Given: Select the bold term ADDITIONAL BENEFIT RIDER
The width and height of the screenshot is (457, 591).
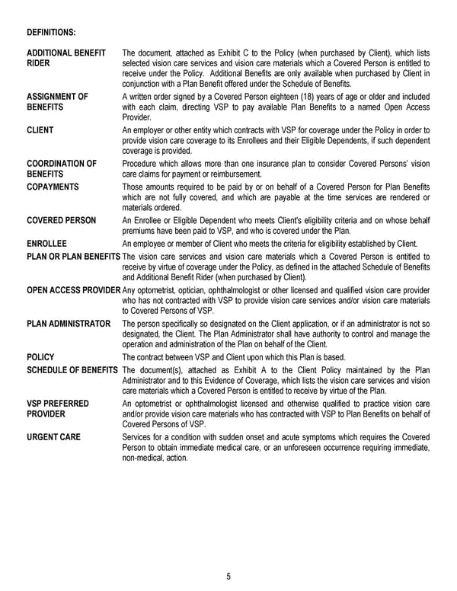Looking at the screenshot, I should pos(66,58).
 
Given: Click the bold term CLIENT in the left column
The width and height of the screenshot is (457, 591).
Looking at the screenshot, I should pos(40,130).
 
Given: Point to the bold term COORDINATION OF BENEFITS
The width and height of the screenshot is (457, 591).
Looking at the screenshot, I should pos(62,168).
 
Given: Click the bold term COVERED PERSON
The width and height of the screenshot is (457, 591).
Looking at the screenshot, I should pos(62,220).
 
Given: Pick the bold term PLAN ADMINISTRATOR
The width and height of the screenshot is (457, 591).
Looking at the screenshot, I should pos(69,324).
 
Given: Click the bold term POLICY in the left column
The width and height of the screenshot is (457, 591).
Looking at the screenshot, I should pos(40,356).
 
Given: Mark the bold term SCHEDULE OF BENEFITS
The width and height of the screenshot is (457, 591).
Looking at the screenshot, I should pos(72,370).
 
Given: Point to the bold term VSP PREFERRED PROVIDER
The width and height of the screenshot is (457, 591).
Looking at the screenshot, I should pos(58,409).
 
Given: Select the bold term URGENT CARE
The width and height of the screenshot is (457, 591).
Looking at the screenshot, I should pos(53,437).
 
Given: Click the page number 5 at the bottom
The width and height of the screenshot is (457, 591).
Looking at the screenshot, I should pos(228,576).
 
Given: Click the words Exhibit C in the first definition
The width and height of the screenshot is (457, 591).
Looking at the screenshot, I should pos(221,53).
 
